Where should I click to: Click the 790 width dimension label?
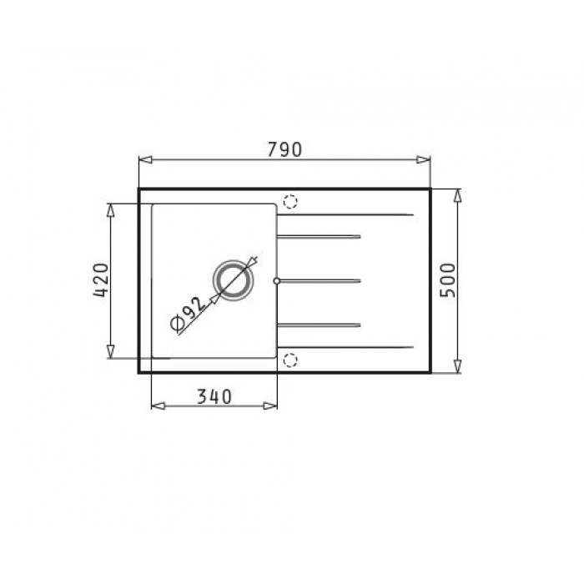pyautogui.click(x=284, y=149)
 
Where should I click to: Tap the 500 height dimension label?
pyautogui.click(x=448, y=280)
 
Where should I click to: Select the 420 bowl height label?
pyautogui.click(x=101, y=280)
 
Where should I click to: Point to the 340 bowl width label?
pyautogui.click(x=214, y=396)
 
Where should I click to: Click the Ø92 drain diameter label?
pyautogui.click(x=188, y=314)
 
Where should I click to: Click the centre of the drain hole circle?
pyautogui.click(x=234, y=280)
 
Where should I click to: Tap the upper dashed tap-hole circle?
pyautogui.click(x=290, y=202)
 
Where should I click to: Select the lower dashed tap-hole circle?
pyautogui.click(x=290, y=360)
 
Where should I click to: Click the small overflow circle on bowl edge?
pyautogui.click(x=276, y=281)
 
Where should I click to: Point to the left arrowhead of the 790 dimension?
pyautogui.click(x=146, y=160)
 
